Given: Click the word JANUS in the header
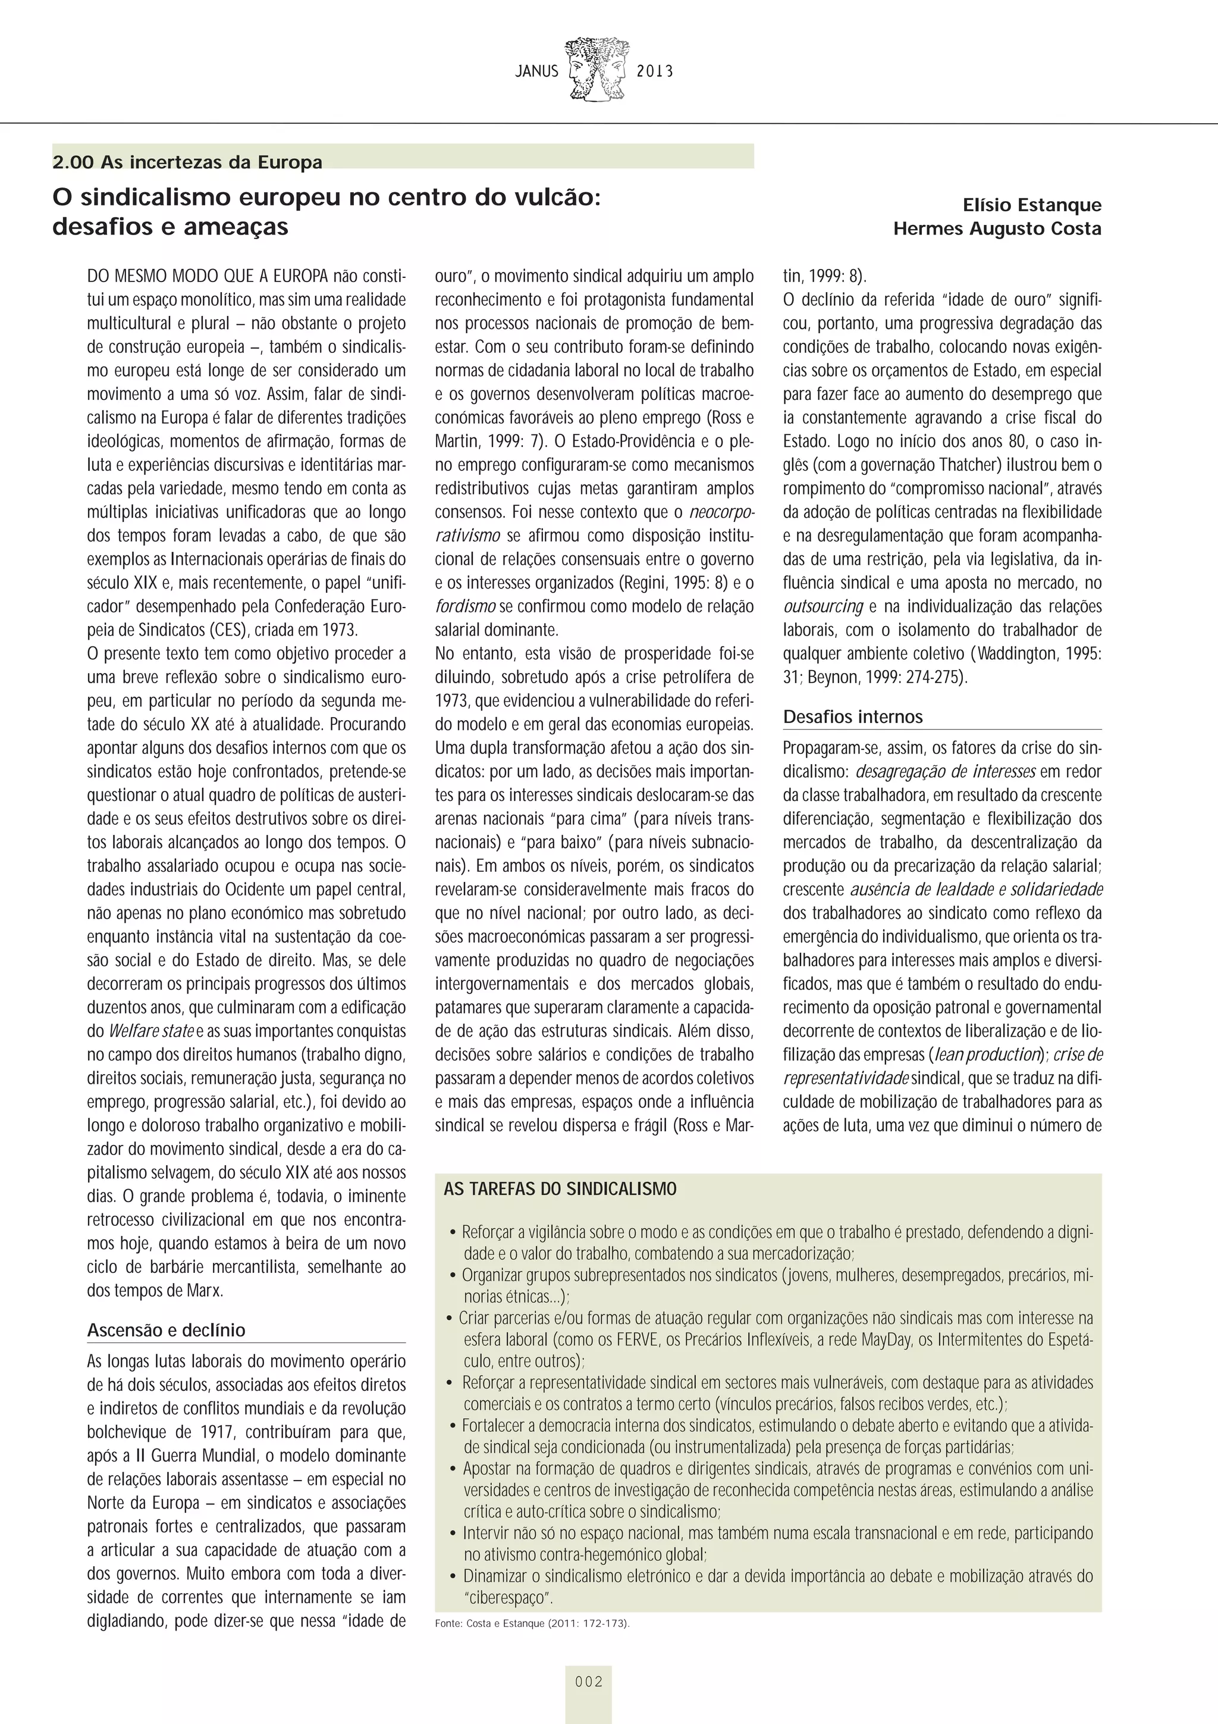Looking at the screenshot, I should pyautogui.click(x=536, y=72).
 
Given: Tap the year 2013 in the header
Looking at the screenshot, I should pyautogui.click(x=654, y=72).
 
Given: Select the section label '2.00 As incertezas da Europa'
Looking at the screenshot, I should pyautogui.click(x=187, y=162).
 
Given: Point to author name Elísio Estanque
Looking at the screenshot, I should pyautogui.click(x=1032, y=205).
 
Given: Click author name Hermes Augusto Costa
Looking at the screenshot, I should pyautogui.click(x=997, y=229).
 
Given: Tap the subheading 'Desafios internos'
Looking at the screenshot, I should pyautogui.click(x=852, y=717).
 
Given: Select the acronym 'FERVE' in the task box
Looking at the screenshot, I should pyautogui.click(x=636, y=1340).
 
